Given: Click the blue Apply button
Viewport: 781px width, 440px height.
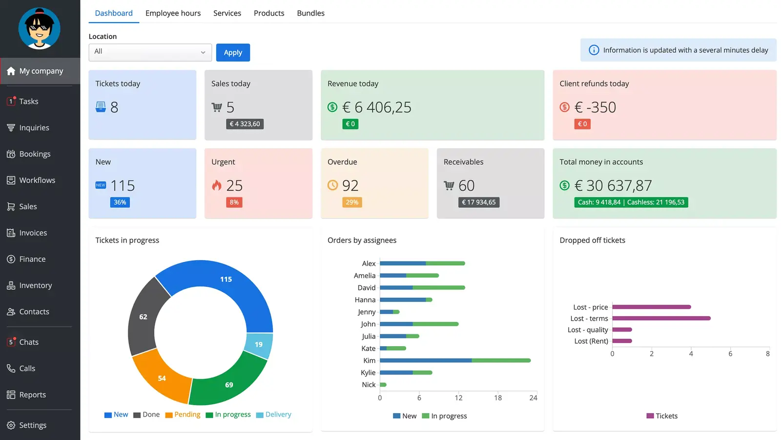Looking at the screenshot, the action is [x=233, y=52].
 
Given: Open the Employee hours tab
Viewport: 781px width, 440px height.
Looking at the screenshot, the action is [x=173, y=13].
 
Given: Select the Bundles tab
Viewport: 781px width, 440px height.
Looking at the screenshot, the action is [x=310, y=13].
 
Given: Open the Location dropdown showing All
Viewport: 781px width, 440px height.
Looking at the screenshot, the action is [x=150, y=52].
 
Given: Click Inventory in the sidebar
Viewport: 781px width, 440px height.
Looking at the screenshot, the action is [x=35, y=286].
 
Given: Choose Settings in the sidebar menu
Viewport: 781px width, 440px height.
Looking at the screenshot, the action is [x=32, y=425].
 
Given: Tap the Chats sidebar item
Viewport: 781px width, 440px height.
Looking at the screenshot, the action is [x=29, y=342].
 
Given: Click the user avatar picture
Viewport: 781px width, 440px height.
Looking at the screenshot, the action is [x=40, y=28].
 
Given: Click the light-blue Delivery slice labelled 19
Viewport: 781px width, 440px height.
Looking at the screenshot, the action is [x=259, y=345].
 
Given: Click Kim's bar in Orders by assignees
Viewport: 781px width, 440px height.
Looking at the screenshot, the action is [x=455, y=360].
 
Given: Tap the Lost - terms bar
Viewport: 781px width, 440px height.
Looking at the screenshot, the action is [x=661, y=318].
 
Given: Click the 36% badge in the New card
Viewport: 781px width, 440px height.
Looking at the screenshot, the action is [x=120, y=202].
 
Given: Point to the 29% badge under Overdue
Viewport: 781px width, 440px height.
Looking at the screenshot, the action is [x=352, y=202].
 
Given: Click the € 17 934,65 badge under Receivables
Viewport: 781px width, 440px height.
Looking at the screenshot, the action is [x=479, y=202].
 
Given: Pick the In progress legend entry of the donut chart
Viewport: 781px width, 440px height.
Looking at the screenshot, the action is [x=228, y=415].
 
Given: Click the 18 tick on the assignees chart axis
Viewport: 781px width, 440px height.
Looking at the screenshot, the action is [x=498, y=398].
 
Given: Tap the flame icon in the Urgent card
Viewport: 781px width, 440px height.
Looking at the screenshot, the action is [x=217, y=185].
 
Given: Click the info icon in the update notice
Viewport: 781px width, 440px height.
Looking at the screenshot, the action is [x=594, y=50].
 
